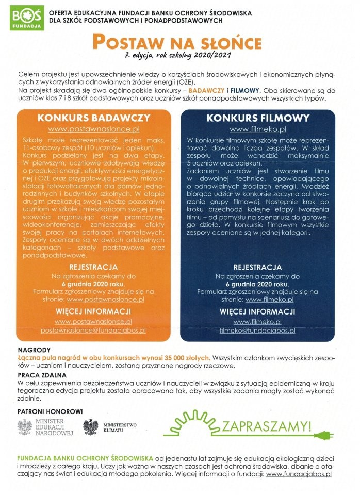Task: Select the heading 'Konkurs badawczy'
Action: (94, 118)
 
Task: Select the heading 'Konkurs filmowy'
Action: (258, 118)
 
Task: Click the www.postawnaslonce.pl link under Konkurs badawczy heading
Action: (94, 129)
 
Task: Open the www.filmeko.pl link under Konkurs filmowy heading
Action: (258, 129)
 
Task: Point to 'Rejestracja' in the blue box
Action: (257, 267)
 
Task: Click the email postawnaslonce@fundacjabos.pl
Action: (94, 329)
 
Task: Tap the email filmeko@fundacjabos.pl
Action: (257, 330)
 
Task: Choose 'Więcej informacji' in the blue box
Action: (257, 311)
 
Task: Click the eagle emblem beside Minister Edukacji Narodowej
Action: (25, 427)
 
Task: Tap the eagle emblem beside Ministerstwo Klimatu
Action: (91, 427)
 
